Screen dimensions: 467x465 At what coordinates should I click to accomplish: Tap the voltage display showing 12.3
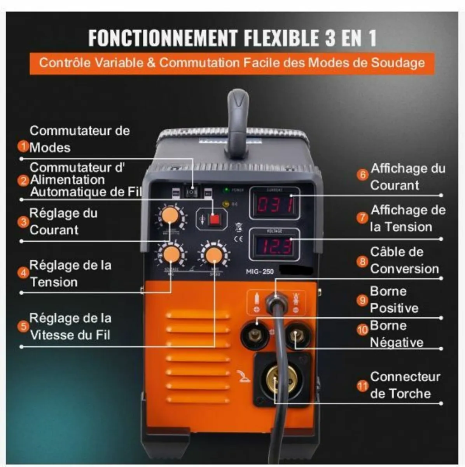274,246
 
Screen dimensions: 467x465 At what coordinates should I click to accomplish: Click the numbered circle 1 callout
23,146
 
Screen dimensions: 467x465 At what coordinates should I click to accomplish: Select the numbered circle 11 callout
362,386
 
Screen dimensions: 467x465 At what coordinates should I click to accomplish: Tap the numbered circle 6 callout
362,174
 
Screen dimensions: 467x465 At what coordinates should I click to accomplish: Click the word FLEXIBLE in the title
280,38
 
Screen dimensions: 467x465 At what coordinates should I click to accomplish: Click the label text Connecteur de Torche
404,385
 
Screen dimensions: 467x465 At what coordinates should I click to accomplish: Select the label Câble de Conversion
404,260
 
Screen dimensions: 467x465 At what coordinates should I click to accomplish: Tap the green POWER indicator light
225,190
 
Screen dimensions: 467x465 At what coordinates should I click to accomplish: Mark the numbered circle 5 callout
23,326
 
